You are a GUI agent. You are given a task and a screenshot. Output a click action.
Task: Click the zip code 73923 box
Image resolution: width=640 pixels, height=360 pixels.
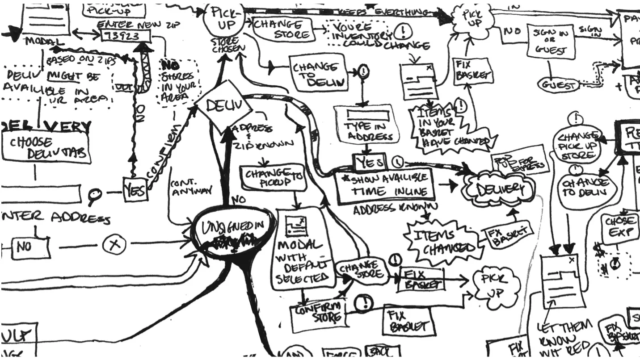coord(120,35)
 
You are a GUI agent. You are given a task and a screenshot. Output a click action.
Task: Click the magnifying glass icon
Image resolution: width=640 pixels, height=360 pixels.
coord(95,195)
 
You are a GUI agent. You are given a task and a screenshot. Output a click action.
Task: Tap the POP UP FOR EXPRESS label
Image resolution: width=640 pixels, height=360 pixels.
coord(519,160)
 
